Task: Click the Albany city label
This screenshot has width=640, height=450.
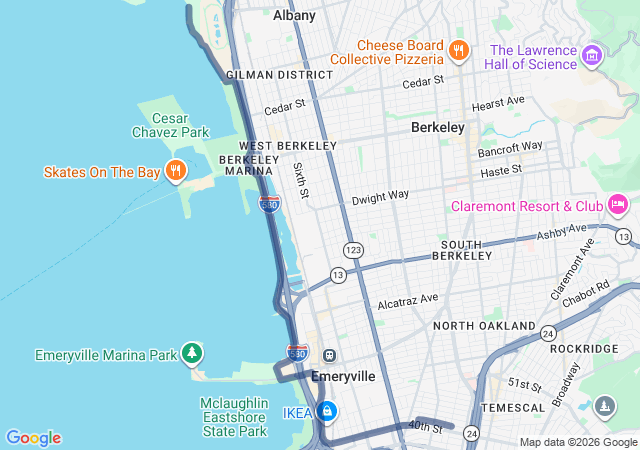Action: (294, 15)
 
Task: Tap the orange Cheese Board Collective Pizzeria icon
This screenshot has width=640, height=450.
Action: (459, 50)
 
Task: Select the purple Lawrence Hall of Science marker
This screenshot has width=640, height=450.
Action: (593, 55)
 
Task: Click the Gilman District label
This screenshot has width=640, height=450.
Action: (279, 75)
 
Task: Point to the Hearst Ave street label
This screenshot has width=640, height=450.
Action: (498, 101)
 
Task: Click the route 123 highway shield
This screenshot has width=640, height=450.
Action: (353, 248)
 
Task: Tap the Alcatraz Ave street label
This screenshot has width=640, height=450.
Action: (408, 299)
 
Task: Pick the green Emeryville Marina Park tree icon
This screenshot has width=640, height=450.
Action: (192, 354)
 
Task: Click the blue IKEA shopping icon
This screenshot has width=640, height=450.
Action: (326, 411)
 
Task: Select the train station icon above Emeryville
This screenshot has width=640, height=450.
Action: (328, 355)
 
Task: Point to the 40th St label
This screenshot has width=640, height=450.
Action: (425, 428)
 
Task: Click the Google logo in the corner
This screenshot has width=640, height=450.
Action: (33, 438)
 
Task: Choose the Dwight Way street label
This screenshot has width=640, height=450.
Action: (380, 197)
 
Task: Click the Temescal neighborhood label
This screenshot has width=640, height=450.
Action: (511, 408)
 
